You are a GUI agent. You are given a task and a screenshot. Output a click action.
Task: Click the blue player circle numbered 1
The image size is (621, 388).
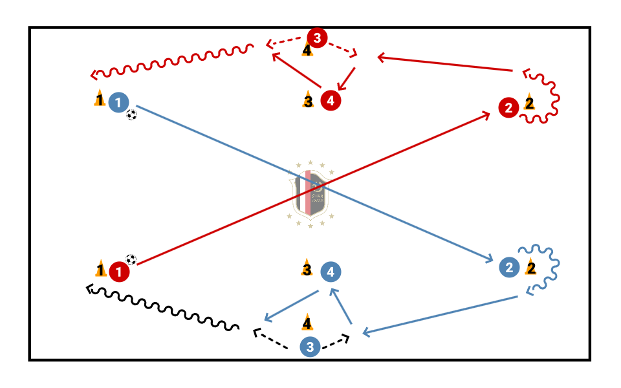coord(118,102)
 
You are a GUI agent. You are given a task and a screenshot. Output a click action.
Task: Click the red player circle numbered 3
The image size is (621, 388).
coord(317,38)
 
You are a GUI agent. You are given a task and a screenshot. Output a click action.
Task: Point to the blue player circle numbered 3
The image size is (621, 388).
coord(310,347)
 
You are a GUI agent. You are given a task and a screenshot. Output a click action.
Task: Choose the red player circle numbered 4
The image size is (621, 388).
coord(330,100)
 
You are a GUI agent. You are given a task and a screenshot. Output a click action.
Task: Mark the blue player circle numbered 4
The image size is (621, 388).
coord(331,272)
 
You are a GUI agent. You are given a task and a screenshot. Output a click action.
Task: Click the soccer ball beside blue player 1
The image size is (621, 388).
coord(132,115)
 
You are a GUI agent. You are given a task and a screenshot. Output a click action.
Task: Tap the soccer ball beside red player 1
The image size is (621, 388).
coord(131,259)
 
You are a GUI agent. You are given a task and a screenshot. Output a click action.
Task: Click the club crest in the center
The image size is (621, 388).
coord(310,194)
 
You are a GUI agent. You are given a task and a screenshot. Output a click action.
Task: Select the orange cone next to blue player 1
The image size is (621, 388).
coord(99,99)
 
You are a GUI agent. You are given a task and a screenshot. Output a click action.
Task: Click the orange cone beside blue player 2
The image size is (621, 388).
coord(531,267)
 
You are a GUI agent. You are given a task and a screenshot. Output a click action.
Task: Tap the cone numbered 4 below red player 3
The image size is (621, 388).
coord(307,49)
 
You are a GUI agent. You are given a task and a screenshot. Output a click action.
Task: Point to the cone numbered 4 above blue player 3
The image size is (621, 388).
coord(307,322)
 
